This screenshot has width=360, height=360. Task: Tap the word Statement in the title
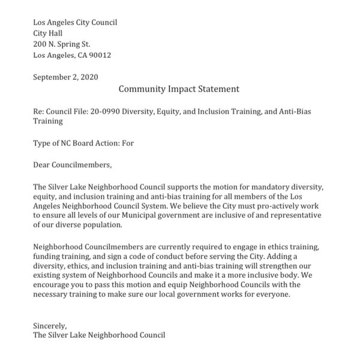[x=214, y=89]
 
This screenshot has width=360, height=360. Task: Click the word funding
[x=47, y=257]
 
